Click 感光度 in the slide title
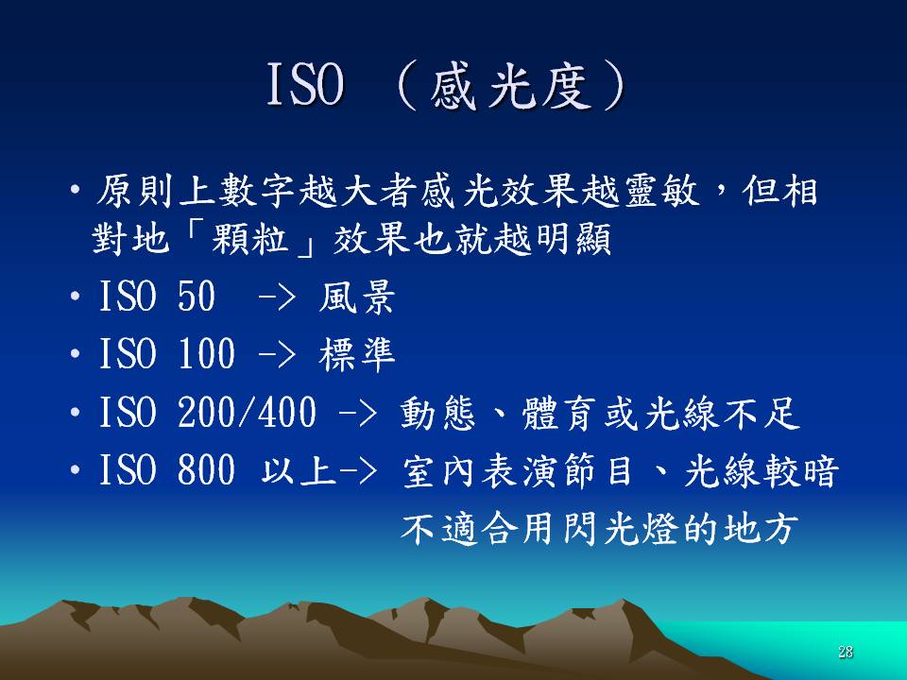[x=511, y=87]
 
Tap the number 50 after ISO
[x=197, y=296]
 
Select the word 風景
[x=356, y=297]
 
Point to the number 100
[x=206, y=354]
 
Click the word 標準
[x=356, y=354]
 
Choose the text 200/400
[x=247, y=413]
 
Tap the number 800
[x=206, y=469]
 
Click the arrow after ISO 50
[x=277, y=298]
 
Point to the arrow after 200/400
[x=358, y=414]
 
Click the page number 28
[x=845, y=653]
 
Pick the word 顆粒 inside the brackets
[x=250, y=238]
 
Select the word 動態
[x=437, y=413]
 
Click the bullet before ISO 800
[x=75, y=470]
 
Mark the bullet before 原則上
[x=75, y=190]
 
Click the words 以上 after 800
[x=299, y=470]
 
